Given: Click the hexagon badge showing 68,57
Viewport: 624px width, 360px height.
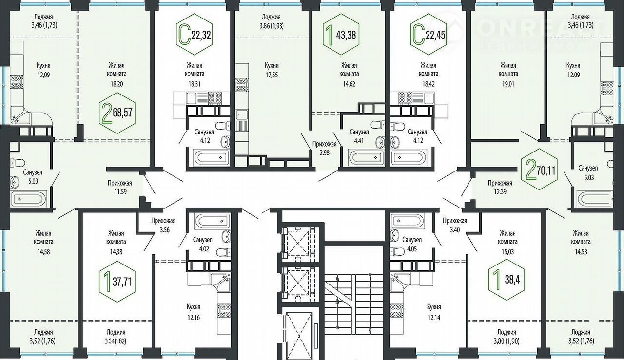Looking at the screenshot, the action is click(117, 113).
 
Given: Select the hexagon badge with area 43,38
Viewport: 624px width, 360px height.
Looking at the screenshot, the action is click(341, 35).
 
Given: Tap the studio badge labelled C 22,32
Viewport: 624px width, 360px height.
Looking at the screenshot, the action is click(195, 35).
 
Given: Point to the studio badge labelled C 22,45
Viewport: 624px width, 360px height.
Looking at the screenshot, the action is click(429, 35).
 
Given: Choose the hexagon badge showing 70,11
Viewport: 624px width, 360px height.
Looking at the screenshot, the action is click(540, 170).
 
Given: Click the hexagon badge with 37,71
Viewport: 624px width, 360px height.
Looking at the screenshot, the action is click(117, 281).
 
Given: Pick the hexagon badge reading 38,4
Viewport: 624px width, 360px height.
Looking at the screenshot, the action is click(507, 280).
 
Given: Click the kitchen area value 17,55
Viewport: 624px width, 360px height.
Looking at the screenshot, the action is click(272, 75).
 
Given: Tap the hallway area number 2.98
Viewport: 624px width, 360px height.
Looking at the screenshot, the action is click(325, 153).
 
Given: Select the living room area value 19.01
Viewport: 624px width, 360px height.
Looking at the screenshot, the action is click(508, 84).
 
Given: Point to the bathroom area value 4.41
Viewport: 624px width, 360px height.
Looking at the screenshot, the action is click(359, 141).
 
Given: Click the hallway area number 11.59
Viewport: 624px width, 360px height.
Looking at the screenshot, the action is click(120, 192).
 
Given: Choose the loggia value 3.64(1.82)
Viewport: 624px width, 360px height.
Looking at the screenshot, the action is click(116, 341).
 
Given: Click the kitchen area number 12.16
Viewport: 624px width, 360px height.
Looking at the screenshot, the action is click(194, 317).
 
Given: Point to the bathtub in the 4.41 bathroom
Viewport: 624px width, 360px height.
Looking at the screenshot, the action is click(366, 157).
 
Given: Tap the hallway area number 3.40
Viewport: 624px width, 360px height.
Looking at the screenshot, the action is click(455, 230).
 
